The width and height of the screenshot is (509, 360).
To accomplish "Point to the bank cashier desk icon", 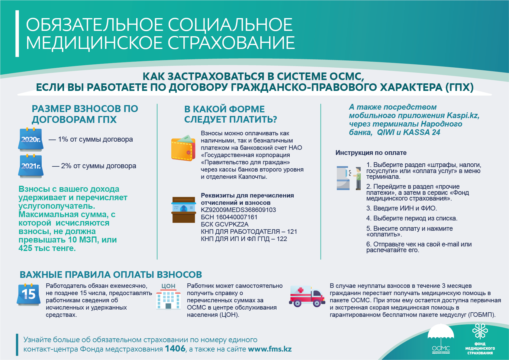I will (184, 210).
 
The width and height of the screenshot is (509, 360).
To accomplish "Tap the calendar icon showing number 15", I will (28, 294).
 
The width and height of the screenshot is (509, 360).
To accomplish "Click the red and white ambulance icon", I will (307, 296).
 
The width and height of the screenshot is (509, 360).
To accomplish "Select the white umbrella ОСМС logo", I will (441, 338).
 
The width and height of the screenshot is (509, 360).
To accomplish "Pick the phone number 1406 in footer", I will (175, 349).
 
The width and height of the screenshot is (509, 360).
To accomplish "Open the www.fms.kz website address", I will (270, 349).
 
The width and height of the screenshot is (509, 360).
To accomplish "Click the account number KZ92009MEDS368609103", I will (238, 210).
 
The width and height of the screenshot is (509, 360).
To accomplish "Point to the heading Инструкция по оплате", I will (371, 153).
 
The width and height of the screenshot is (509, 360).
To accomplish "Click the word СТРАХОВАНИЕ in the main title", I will (231, 43).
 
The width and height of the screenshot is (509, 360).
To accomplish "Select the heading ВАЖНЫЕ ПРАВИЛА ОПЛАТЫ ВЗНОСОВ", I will (111, 275).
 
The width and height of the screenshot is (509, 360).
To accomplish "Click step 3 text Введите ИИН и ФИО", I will (402, 208).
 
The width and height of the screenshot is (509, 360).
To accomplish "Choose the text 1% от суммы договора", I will (95, 139).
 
